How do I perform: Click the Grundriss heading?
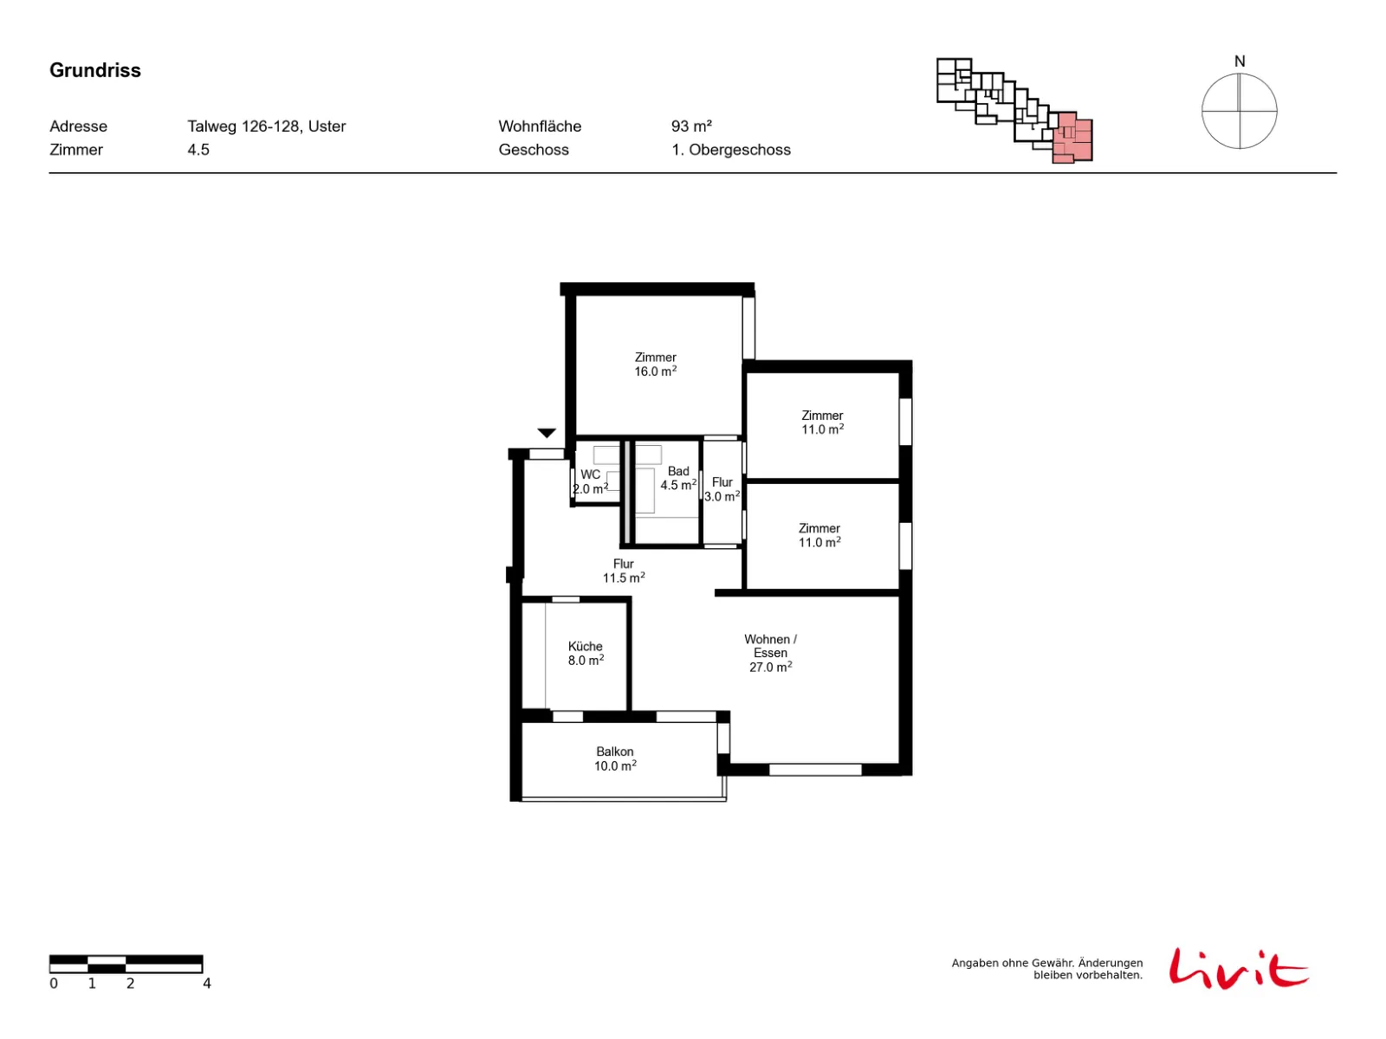click(x=94, y=70)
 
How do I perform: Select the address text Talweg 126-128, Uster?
click(x=267, y=126)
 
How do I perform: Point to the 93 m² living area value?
click(x=691, y=126)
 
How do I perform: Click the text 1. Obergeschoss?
click(x=730, y=150)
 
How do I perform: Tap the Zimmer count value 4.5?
click(x=198, y=150)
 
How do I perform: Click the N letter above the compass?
click(x=1240, y=61)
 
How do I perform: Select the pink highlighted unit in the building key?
click(x=1072, y=138)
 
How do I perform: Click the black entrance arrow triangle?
click(x=547, y=433)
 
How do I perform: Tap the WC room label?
click(x=591, y=481)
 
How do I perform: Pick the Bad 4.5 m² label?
click(x=678, y=478)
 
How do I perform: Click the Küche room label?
click(x=586, y=653)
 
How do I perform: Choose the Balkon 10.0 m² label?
click(x=615, y=758)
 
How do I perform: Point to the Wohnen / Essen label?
click(x=770, y=653)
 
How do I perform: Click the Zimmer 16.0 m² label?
click(x=656, y=364)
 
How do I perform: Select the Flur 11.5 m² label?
click(x=623, y=571)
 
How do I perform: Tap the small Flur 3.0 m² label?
click(x=722, y=489)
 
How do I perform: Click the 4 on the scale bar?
click(x=206, y=984)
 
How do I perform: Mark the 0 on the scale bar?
click(x=54, y=984)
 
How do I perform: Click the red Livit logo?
click(x=1238, y=968)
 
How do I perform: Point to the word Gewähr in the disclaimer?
click(x=1052, y=963)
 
